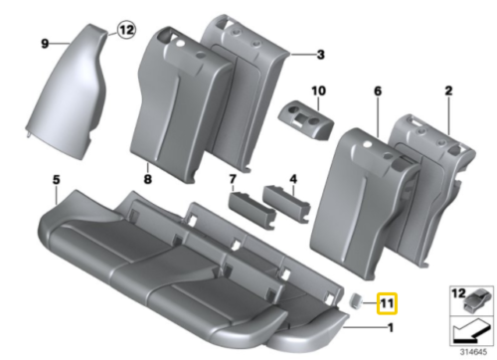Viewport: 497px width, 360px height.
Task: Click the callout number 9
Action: click(45, 43)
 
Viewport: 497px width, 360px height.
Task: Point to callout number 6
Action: click(378, 91)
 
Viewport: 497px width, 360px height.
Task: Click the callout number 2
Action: click(448, 91)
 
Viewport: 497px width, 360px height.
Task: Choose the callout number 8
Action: click(147, 180)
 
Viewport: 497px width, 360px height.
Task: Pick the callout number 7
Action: click(233, 179)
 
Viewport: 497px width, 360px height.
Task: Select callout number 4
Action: click(293, 179)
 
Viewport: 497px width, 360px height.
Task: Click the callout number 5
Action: click(57, 180)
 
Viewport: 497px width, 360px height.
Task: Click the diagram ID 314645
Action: click(471, 350)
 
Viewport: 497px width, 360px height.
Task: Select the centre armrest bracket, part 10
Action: click(309, 115)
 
